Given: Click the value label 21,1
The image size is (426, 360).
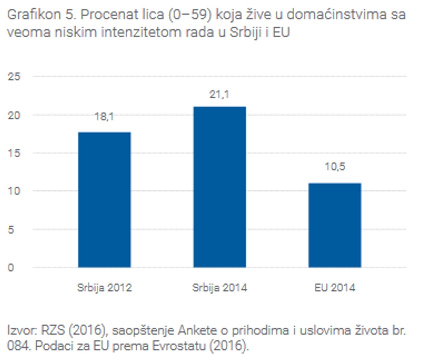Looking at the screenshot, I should click(x=220, y=94).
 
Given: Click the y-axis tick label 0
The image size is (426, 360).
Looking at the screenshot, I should click(x=11, y=267).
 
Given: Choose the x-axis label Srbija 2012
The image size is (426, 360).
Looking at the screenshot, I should click(x=104, y=288).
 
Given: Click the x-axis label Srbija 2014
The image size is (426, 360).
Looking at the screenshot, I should click(x=220, y=288).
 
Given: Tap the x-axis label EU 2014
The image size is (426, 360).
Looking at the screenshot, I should click(x=334, y=288).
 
